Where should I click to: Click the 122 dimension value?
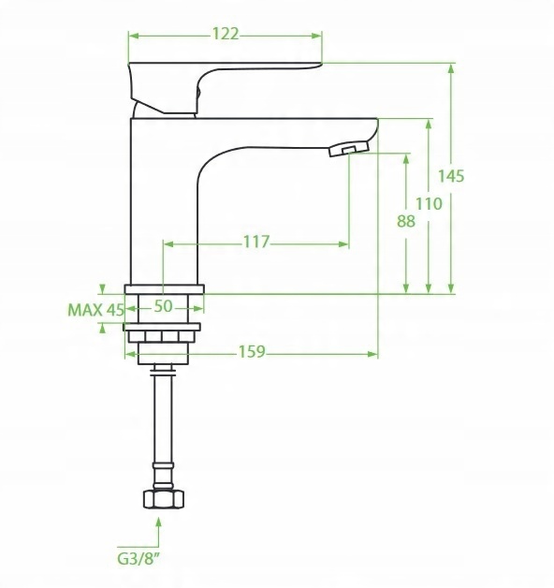coord(226,34)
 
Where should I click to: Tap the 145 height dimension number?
coord(451,176)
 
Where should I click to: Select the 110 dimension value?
coord(429,204)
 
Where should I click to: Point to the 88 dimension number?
coord(406,221)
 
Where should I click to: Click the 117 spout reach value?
coord(256,242)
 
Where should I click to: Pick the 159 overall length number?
coord(252,352)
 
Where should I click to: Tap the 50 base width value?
coord(164,306)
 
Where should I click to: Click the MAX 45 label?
coord(95,310)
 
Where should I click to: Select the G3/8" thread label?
coord(138,558)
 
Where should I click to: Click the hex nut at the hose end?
coord(164,499)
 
